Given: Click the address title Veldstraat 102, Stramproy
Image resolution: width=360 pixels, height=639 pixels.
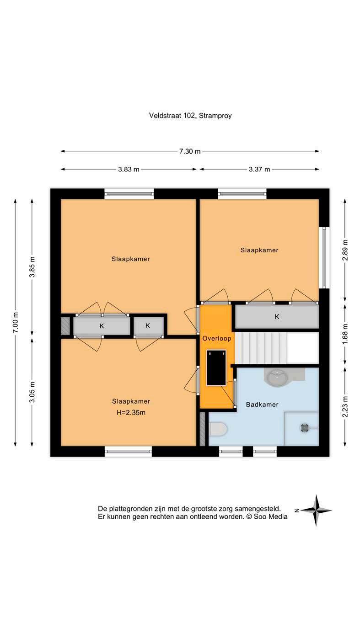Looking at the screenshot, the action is (x=190, y=116).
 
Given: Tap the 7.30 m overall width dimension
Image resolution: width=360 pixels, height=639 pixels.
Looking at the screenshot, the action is (x=190, y=151).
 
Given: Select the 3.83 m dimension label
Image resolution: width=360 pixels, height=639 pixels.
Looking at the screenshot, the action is (x=129, y=169).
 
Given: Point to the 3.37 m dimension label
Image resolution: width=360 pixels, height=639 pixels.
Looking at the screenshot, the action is (x=259, y=169).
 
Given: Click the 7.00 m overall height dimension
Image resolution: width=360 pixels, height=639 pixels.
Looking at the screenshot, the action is (x=16, y=322).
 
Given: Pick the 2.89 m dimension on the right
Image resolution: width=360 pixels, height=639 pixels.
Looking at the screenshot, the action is (x=345, y=250).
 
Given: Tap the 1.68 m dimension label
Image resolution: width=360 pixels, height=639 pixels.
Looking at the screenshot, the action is (x=345, y=334).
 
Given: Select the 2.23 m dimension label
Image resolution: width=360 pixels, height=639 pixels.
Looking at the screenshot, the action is (x=345, y=406).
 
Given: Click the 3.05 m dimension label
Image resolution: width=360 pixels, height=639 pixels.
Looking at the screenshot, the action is (x=32, y=392).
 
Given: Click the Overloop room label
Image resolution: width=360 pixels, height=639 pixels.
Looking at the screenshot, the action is (x=217, y=339).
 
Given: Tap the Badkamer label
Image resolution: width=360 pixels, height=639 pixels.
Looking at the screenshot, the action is (x=262, y=404).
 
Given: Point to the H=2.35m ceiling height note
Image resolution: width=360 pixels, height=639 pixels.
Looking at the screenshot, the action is (x=131, y=412).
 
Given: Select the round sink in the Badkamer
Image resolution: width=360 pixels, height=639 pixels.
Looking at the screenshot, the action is (x=277, y=377).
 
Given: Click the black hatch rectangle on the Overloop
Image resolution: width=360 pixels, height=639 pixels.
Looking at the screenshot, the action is (x=216, y=367).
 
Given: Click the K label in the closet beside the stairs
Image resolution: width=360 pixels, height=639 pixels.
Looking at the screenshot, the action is (x=277, y=316).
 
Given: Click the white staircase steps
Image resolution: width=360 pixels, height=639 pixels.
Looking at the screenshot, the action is (x=276, y=348).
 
